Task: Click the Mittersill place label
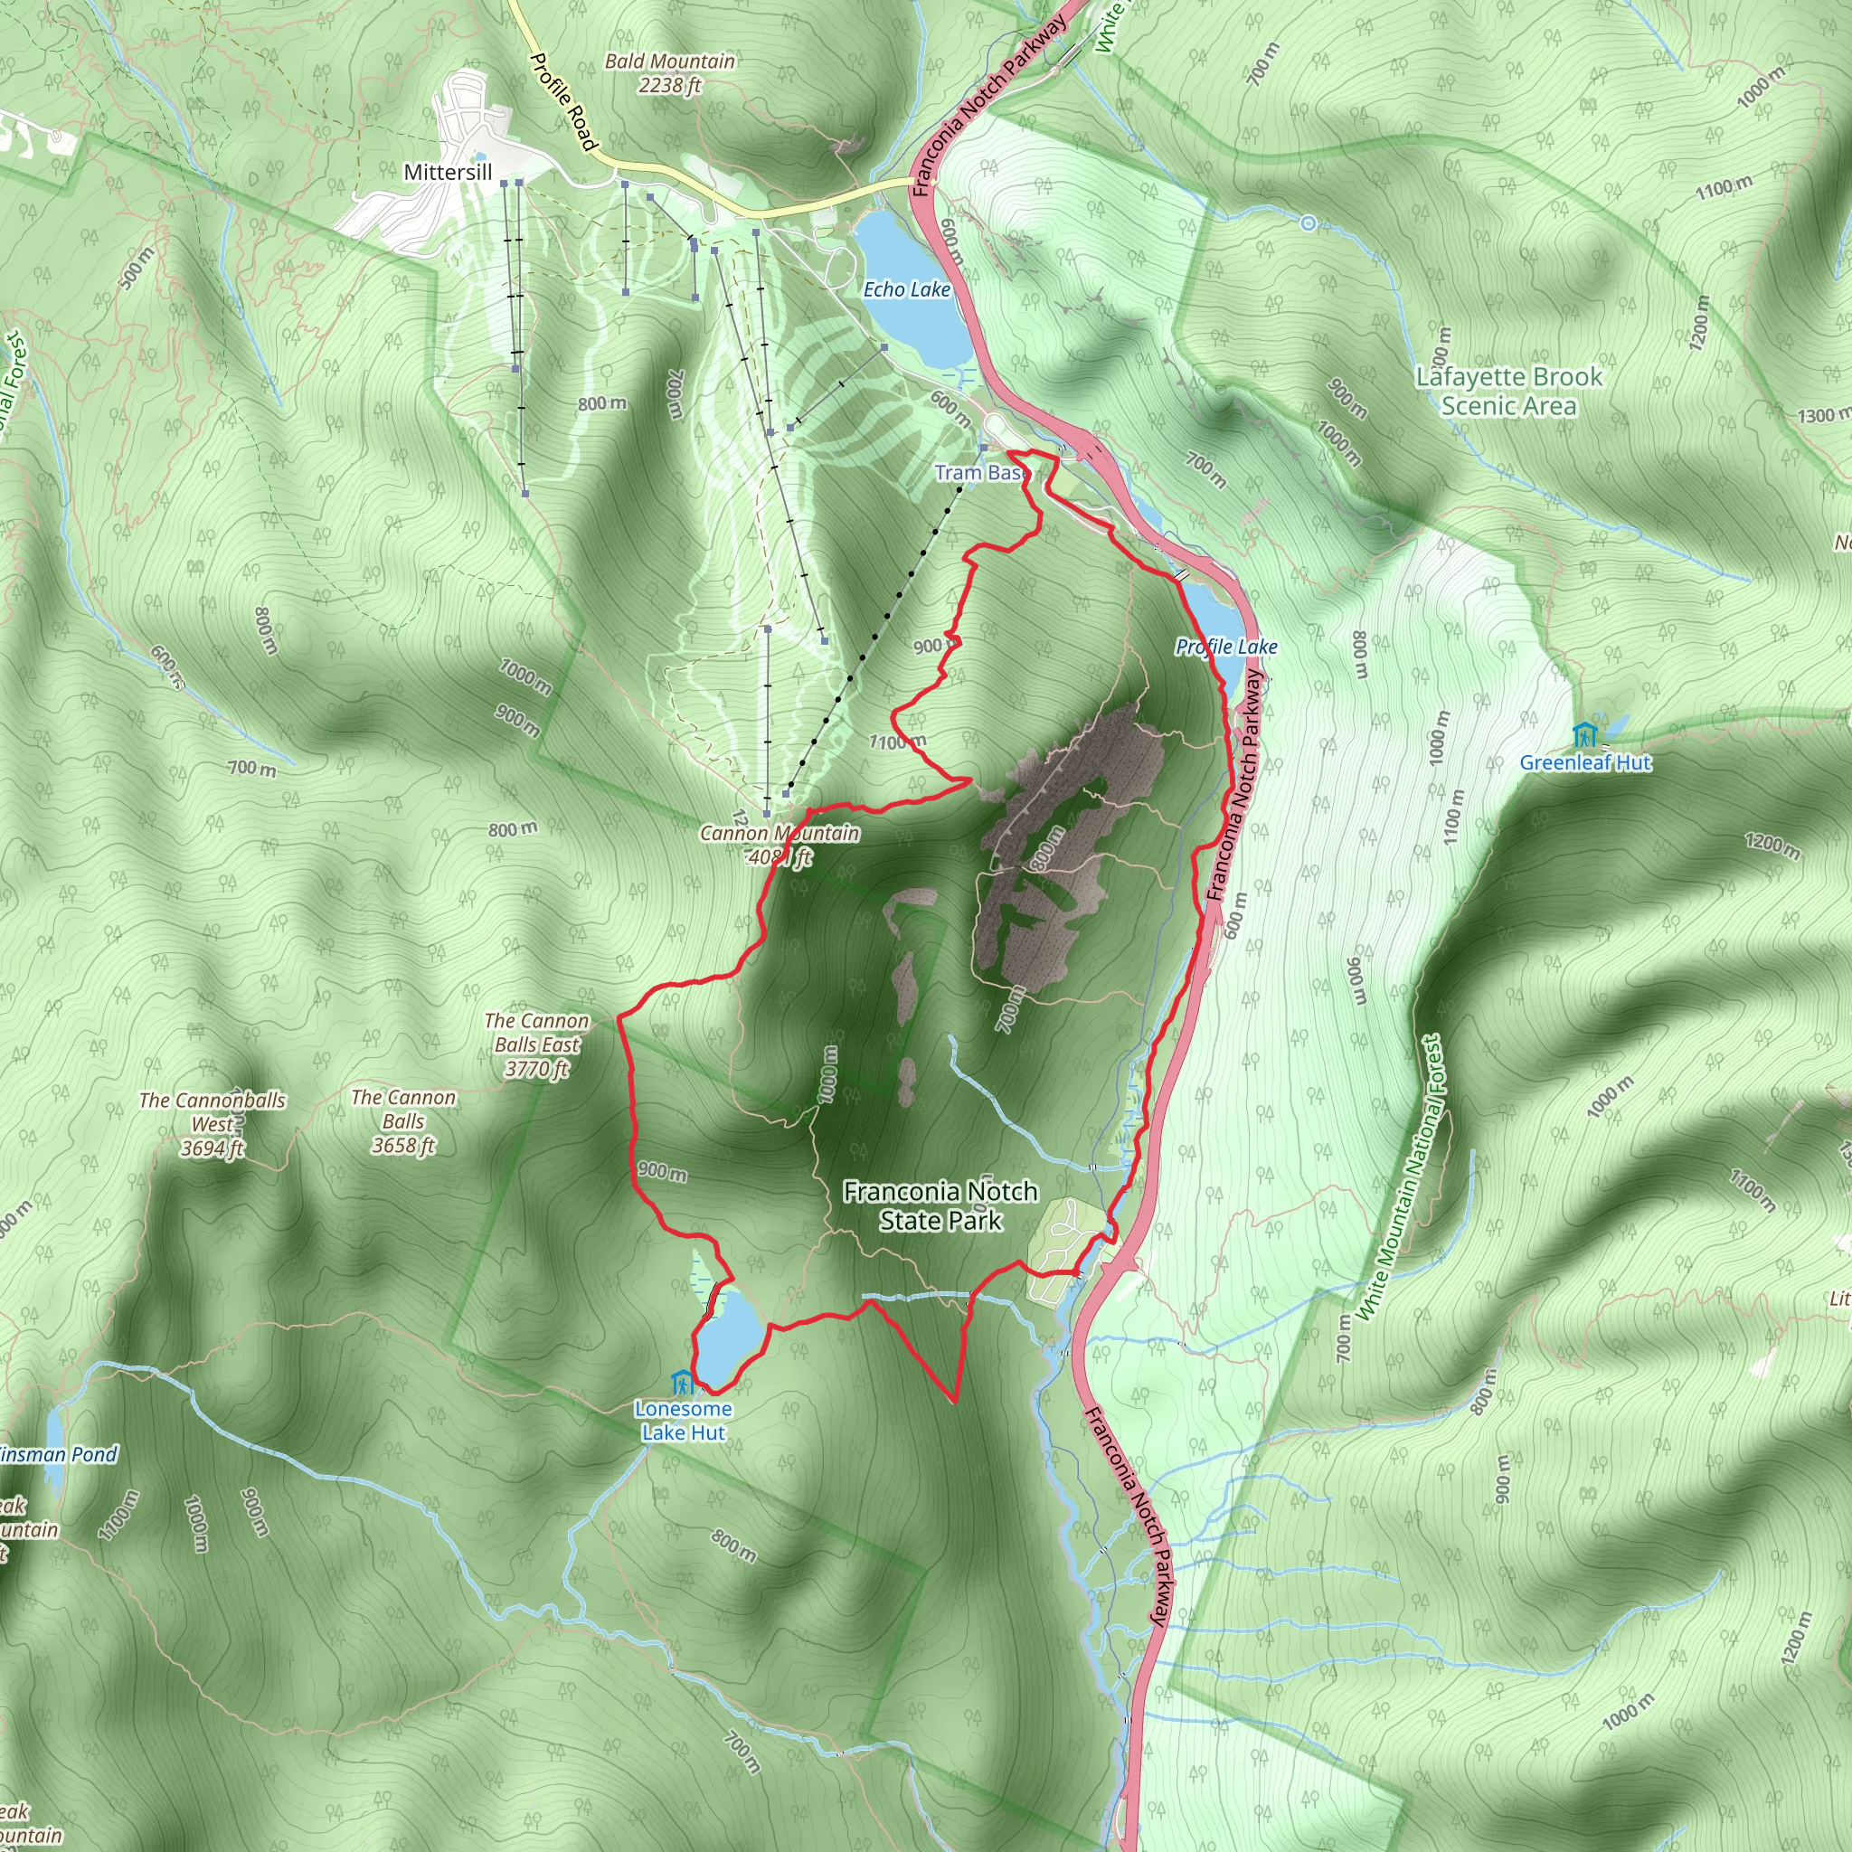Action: pos(448,173)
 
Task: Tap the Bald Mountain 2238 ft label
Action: pos(670,73)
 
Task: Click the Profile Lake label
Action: pos(1226,647)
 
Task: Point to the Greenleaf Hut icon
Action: pos(1584,735)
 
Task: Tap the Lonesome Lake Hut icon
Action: pos(683,1383)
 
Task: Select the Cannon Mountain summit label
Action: pos(779,845)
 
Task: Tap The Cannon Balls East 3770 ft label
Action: pos(537,1044)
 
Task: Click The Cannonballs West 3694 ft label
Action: pos(212,1124)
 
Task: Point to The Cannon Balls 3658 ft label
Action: pos(403,1120)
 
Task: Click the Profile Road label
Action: pos(564,100)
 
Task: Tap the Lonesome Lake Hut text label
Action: pos(684,1421)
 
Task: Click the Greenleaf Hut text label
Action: pos(1585,763)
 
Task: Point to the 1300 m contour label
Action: pos(1821,415)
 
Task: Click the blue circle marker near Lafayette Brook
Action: pos(1309,223)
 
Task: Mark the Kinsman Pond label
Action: pos(58,1454)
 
